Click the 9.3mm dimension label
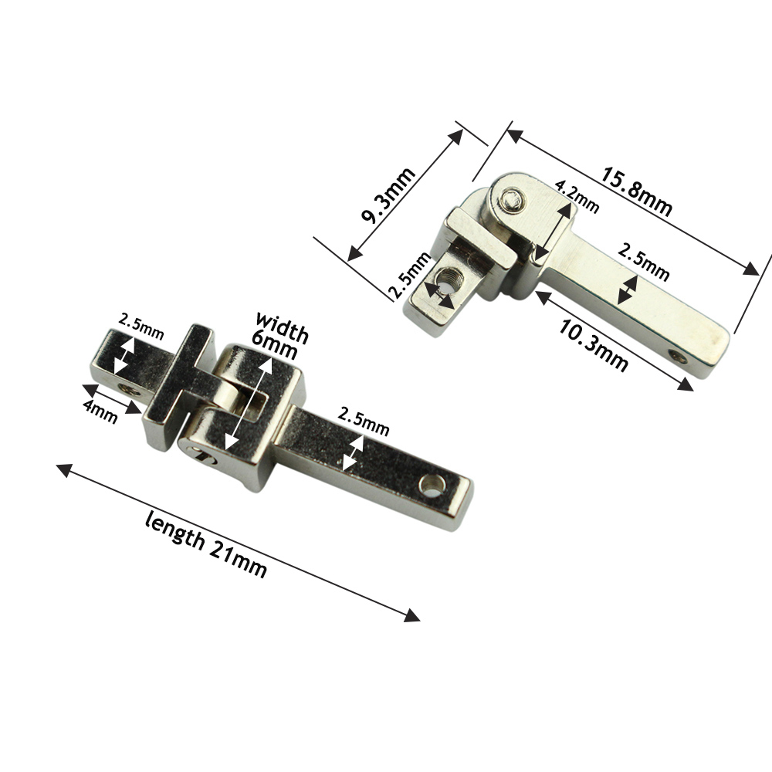point(388,195)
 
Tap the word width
point(282,327)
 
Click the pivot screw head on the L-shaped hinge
point(510,202)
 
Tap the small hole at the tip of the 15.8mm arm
point(678,356)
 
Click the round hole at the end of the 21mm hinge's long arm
point(431,486)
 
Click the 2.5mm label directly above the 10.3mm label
point(643,261)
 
